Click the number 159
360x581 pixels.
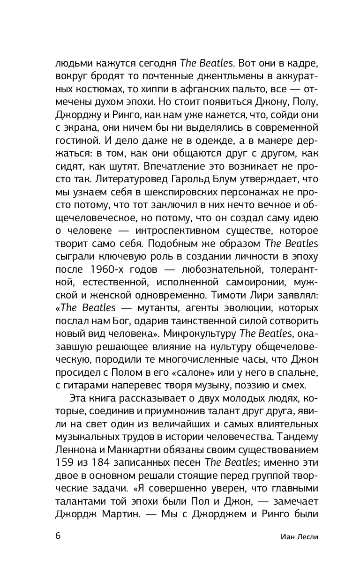point(66,463)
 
